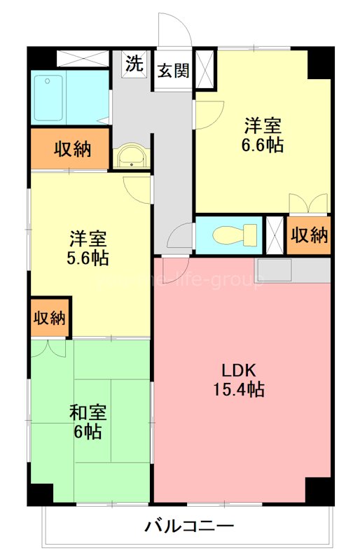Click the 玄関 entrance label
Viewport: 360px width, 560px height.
pos(172,71)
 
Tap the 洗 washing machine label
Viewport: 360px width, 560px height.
pos(134,64)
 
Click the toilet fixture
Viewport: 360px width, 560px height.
pos(232,234)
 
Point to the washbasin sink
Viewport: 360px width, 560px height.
pos(131,157)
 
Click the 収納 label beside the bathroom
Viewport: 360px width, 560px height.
pos(71,149)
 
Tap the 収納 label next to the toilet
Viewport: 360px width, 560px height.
pos(309,235)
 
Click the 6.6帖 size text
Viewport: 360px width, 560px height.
pos(263,146)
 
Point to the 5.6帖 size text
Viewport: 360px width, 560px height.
pos(88,257)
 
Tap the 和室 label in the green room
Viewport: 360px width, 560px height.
pos(88,412)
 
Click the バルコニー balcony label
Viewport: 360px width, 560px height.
pos(189,525)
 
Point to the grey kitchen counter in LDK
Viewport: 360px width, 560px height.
pos(293,270)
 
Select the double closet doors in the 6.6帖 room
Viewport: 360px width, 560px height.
pos(309,203)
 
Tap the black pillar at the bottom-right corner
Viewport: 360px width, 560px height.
pos(319,490)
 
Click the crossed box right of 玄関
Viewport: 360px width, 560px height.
pos(206,69)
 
